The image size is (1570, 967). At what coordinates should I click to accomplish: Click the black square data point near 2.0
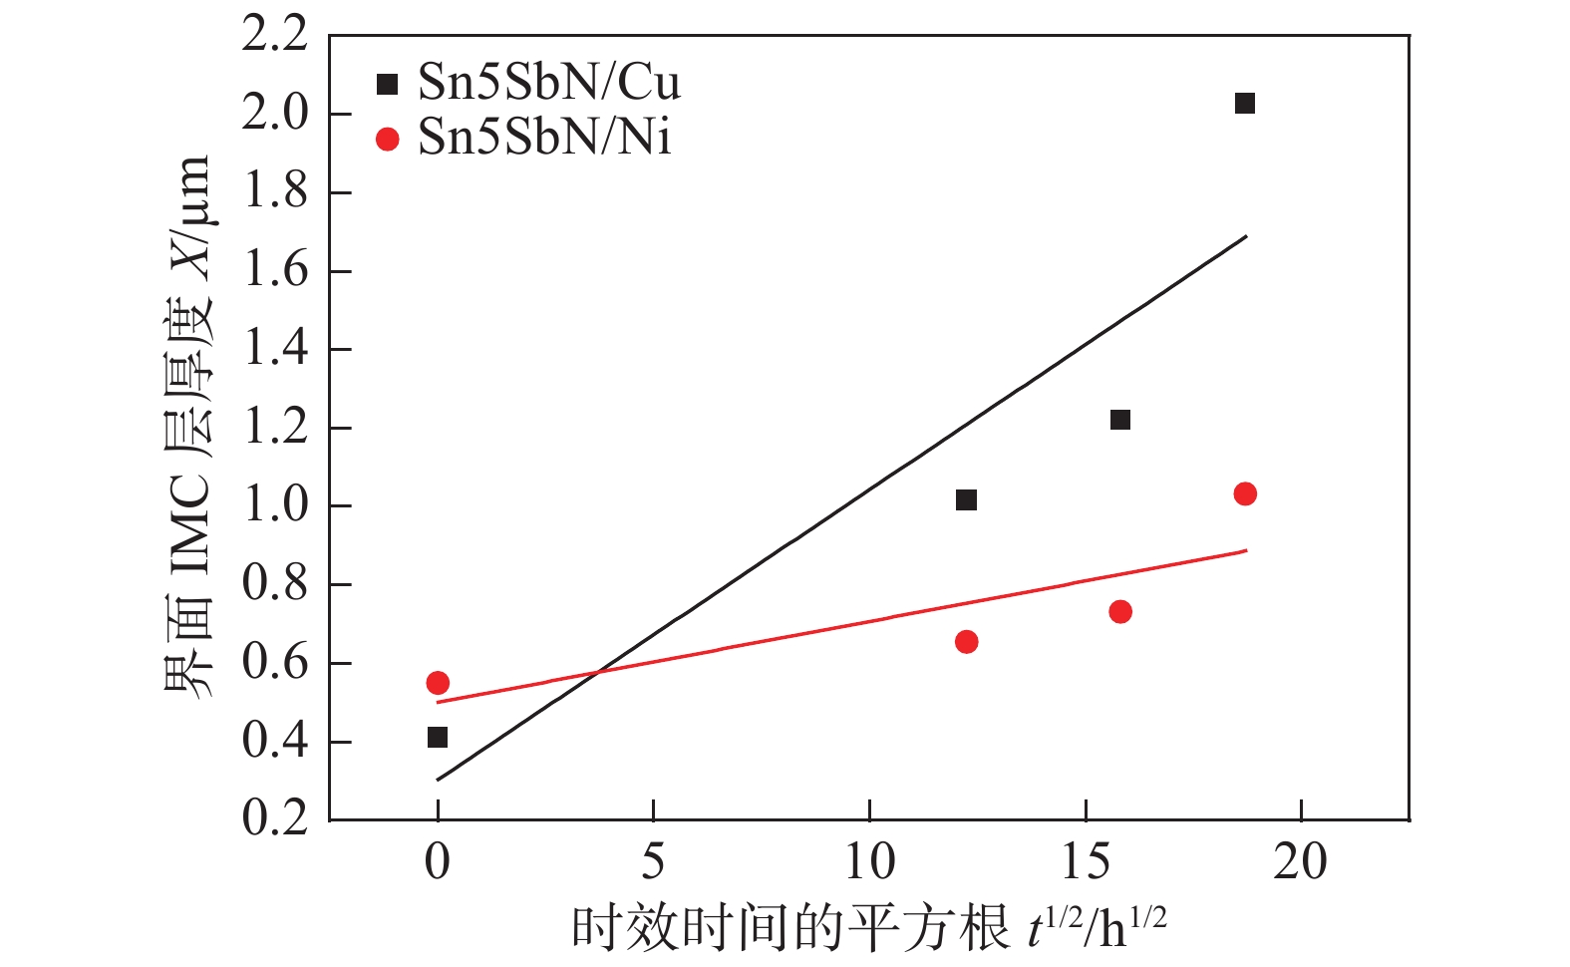coord(1244,104)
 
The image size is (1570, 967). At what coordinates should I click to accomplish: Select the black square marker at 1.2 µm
coord(1119,420)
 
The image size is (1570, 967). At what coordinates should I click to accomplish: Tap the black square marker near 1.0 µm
coord(966,499)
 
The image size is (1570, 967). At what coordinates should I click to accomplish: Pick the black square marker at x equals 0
coord(437,738)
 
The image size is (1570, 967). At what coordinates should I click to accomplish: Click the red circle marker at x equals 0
coord(437,683)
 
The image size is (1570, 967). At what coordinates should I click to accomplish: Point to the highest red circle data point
coord(1244,493)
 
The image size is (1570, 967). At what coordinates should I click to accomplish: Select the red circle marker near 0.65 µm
coord(966,642)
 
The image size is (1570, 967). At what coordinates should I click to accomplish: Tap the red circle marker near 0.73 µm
coord(1119,611)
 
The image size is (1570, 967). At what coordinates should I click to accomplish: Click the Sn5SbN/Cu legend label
coord(548,83)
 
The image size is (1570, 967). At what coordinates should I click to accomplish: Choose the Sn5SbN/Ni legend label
coord(544,138)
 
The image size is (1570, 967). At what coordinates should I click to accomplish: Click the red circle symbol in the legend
coord(388,140)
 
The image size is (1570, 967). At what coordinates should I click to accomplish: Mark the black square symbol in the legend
coord(388,85)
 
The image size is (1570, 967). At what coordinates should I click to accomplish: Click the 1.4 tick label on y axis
coord(276,349)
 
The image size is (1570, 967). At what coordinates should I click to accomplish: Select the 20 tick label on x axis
coord(1300,862)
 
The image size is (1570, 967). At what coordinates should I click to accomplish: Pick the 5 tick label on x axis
coord(653,862)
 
